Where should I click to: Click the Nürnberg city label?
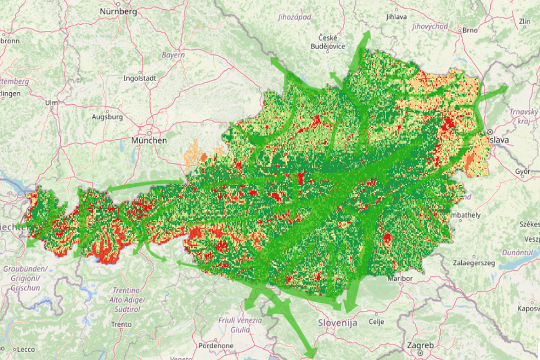tap(118, 11)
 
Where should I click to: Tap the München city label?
tap(148, 140)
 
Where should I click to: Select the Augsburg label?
tap(107, 117)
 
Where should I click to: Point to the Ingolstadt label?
tap(139, 78)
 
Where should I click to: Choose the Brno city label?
tap(469, 30)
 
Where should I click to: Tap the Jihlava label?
tap(396, 17)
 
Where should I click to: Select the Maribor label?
tap(400, 279)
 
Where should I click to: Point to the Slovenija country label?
tap(337, 323)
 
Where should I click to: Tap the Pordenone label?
tap(215, 346)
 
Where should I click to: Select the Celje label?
tap(375, 321)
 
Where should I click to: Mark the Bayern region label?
tap(173, 55)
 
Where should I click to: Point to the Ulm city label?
tap(51, 103)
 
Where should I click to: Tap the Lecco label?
tap(25, 349)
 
